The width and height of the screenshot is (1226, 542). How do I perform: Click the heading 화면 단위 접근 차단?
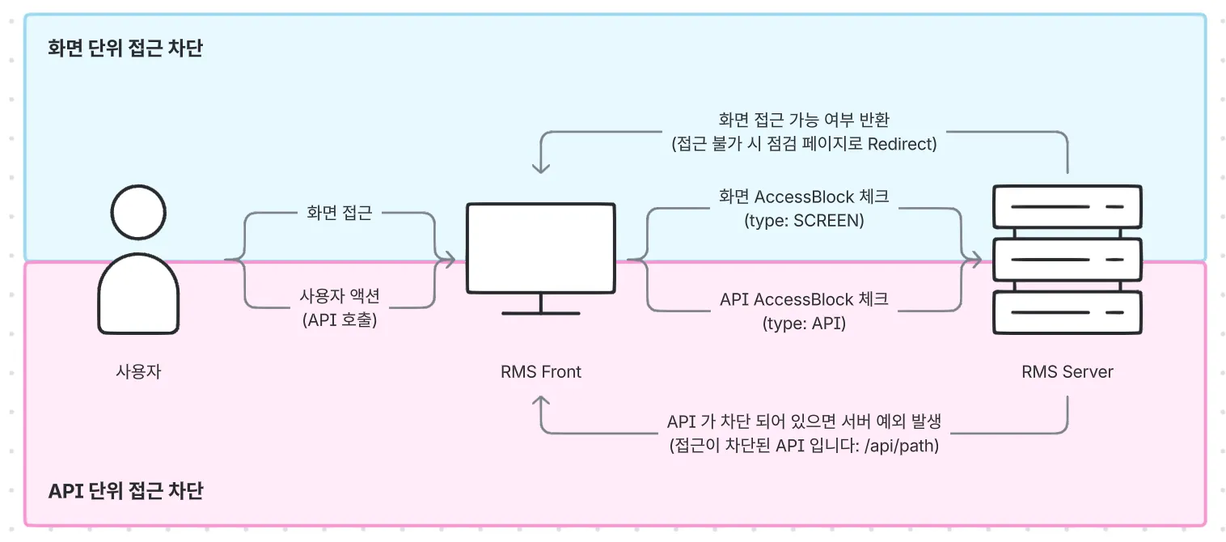[125, 49]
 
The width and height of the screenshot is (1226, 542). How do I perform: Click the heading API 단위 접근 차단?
[125, 491]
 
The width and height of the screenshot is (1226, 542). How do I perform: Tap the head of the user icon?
[138, 212]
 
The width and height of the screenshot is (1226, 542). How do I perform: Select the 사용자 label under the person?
[138, 372]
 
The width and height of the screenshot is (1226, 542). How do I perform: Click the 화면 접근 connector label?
[340, 214]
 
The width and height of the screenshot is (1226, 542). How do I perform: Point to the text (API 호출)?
[340, 320]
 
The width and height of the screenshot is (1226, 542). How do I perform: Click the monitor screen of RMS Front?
[540, 248]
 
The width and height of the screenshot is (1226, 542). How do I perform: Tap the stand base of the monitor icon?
[540, 312]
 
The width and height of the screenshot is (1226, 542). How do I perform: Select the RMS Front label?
[540, 372]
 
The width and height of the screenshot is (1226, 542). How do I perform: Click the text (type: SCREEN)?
[804, 220]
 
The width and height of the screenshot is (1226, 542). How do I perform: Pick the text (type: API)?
[804, 324]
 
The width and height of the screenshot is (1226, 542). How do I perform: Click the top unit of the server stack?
[1067, 207]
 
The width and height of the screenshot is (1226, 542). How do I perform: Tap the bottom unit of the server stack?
[1067, 312]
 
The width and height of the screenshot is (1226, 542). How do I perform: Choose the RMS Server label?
[1067, 372]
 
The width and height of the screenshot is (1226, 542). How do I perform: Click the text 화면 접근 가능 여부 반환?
[804, 120]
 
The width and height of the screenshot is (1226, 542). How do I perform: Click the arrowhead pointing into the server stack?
[977, 260]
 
